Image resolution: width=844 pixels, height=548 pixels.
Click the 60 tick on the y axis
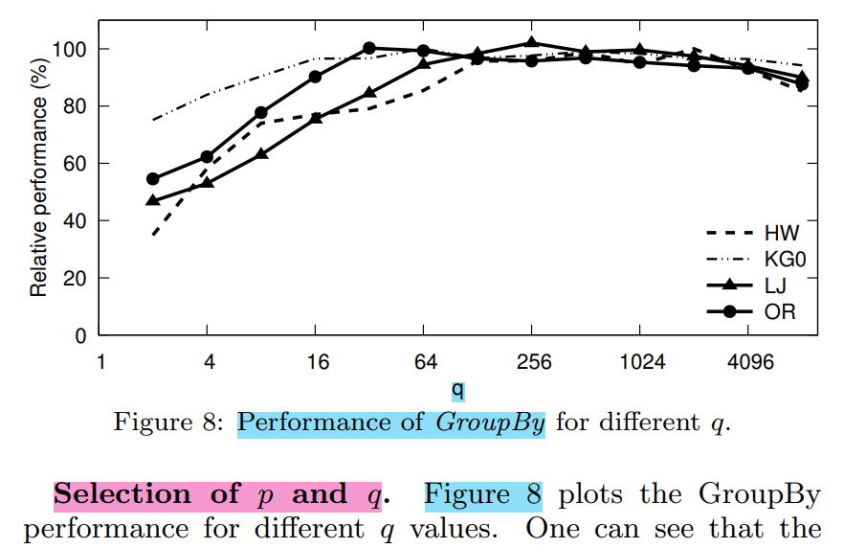78,164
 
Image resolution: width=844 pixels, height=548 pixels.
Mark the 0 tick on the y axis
82,336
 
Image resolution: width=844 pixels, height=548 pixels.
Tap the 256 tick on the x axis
534,362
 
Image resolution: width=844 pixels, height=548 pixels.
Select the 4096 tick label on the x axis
751,362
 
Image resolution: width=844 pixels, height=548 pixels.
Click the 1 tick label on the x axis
100,362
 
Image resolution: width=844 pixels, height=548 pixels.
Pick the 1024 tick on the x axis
642,362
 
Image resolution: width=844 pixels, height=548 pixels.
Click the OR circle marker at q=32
369,48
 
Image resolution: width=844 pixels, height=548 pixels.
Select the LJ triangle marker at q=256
532,43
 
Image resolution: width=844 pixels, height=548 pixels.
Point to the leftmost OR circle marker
153,179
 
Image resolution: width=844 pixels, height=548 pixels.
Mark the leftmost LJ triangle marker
153,200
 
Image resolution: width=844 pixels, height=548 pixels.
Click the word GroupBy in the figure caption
490,422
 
